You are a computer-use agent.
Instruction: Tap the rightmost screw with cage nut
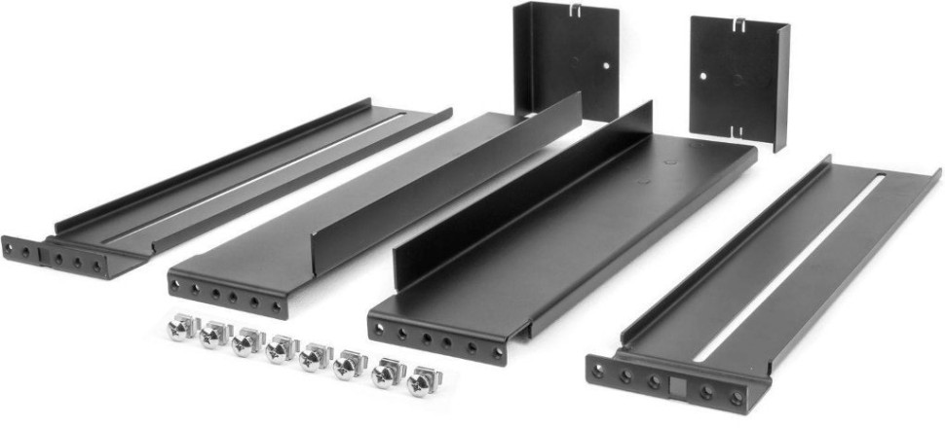[x=421, y=379]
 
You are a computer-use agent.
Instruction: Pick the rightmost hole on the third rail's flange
[x=496, y=352]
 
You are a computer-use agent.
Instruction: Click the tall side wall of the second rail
[x=448, y=175]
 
